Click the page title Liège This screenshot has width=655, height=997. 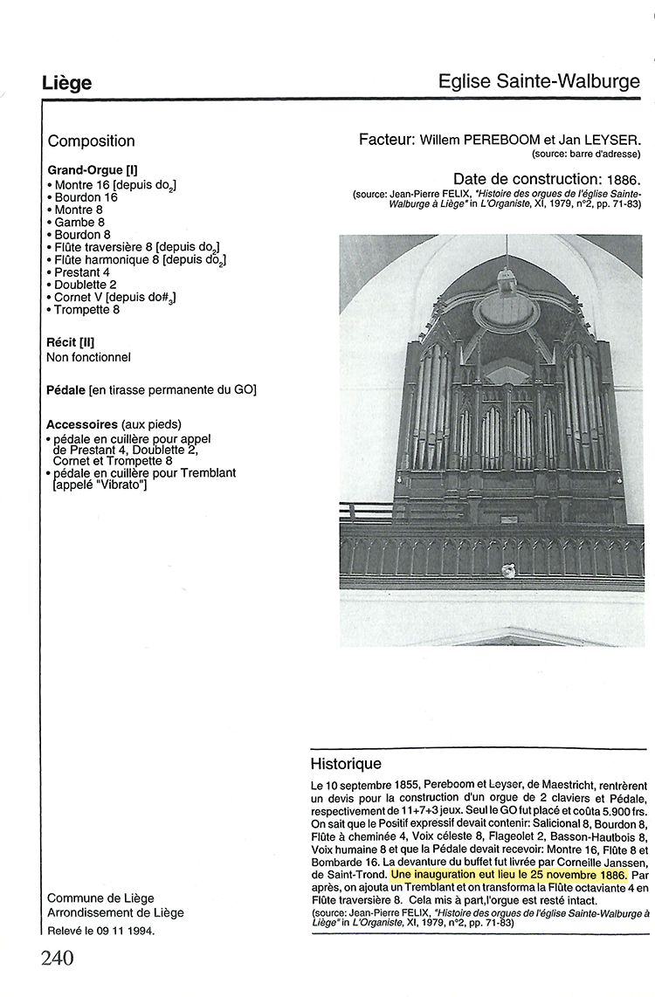(x=66, y=83)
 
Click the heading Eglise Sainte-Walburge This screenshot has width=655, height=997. (x=540, y=82)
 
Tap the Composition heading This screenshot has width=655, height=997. (x=91, y=141)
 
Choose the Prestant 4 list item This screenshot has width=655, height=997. (x=81, y=272)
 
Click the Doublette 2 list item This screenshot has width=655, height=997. (x=85, y=285)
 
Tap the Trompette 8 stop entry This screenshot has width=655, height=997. (x=86, y=309)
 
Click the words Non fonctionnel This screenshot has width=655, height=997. (x=88, y=357)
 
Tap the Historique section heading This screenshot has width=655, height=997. (x=346, y=763)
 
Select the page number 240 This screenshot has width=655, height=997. (x=58, y=958)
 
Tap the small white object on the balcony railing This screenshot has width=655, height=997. (x=506, y=570)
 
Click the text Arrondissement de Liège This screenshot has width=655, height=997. (x=115, y=913)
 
